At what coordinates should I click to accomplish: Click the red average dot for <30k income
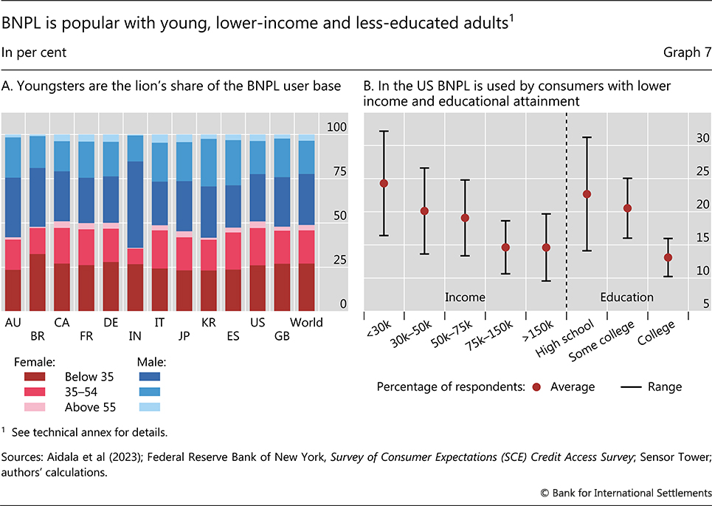384,183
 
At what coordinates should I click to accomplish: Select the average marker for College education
668,257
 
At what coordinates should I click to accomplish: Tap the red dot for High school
587,194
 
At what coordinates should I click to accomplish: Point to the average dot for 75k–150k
505,247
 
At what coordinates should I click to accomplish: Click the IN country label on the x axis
135,336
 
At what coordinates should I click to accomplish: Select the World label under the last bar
306,323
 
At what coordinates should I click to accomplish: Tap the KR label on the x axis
209,323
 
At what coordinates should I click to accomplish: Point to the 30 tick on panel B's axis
702,138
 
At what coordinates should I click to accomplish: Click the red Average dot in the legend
536,386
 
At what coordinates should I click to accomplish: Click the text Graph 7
684,52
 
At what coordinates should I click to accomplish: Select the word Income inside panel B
465,297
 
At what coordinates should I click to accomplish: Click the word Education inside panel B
626,297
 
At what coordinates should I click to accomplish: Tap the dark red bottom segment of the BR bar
37,282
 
